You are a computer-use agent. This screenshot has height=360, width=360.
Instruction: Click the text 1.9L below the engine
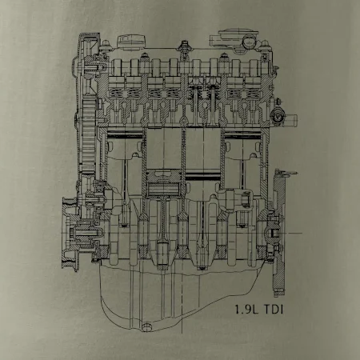click(246, 310)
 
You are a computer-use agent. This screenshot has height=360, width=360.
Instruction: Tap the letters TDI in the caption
click(274, 310)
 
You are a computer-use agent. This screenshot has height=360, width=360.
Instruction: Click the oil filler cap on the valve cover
click(132, 42)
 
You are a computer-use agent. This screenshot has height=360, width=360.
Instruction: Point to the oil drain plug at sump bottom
click(146, 327)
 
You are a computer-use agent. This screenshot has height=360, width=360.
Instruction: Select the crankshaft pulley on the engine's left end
click(70, 234)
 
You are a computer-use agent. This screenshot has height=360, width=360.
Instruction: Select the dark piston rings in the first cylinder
click(125, 134)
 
